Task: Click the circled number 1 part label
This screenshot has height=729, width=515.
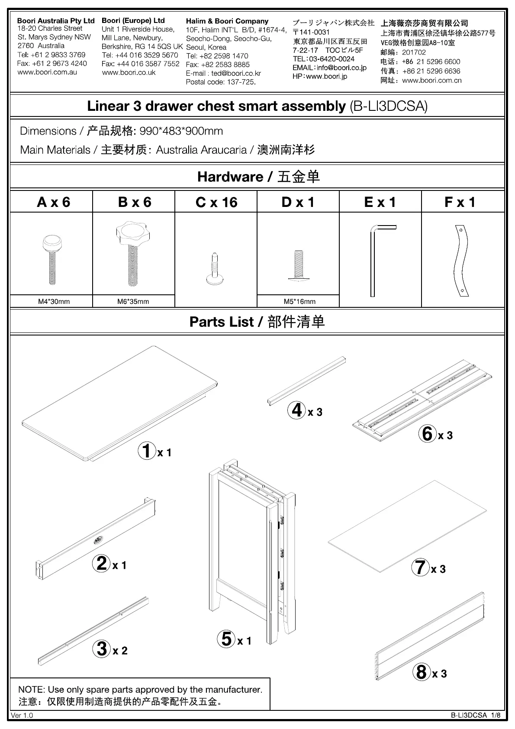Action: (x=147, y=451)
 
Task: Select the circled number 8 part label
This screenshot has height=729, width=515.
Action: (x=421, y=672)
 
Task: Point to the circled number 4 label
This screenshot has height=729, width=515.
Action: (x=297, y=410)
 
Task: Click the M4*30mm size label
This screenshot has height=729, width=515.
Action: (x=54, y=302)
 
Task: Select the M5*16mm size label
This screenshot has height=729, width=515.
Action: (x=299, y=302)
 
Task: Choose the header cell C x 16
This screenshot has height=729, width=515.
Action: (x=216, y=202)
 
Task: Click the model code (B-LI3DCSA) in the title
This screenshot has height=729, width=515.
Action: (x=388, y=106)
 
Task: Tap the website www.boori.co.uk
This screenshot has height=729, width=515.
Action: (x=129, y=73)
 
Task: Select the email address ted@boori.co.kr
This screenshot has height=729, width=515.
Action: (x=235, y=73)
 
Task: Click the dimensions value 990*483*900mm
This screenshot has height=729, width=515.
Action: (x=181, y=131)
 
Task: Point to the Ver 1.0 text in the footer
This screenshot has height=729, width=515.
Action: (x=22, y=715)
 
